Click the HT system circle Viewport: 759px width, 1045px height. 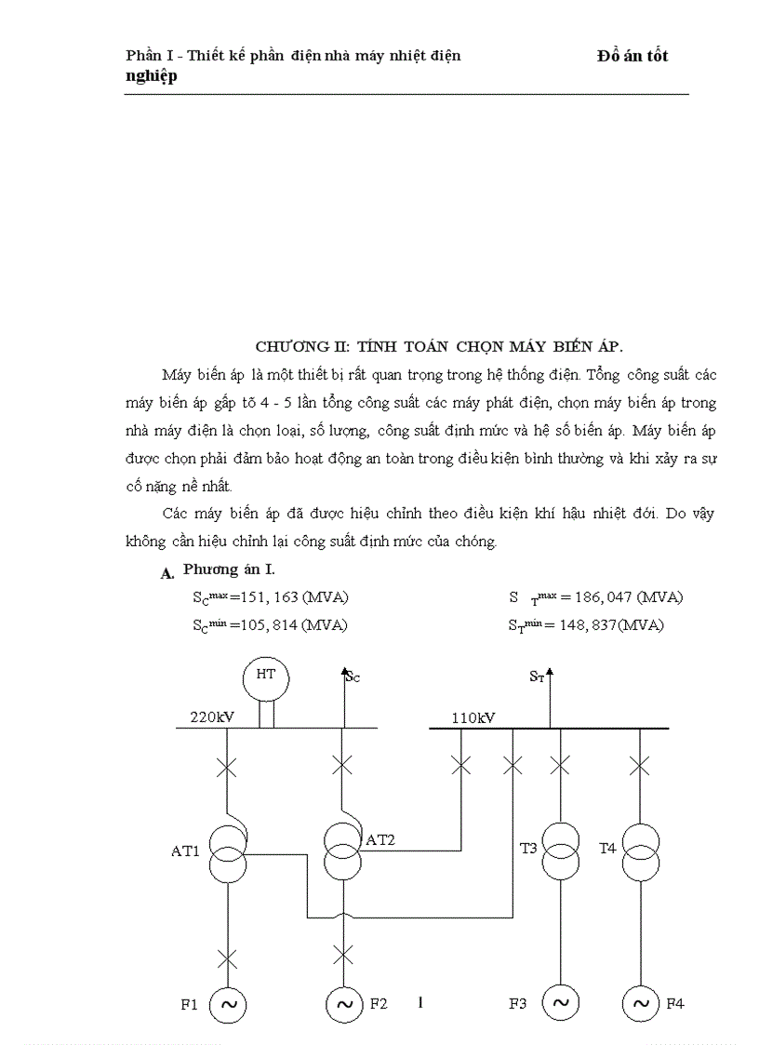(x=265, y=676)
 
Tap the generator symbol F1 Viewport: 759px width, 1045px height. (x=228, y=1003)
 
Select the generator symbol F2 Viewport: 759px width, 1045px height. (x=343, y=1003)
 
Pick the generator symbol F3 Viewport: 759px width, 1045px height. (x=560, y=1003)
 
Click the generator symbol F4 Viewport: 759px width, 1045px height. (x=640, y=1003)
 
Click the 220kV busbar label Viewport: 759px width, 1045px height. (x=211, y=717)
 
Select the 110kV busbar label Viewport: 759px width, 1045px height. (x=473, y=717)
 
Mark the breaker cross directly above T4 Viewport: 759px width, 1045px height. (x=639, y=766)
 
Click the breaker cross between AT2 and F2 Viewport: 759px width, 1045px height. (x=343, y=954)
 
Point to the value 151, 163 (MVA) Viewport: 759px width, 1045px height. (x=289, y=596)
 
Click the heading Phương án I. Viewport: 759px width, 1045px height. (x=228, y=569)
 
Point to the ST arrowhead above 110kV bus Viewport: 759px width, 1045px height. (x=550, y=671)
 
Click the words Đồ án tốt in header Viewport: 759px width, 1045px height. (x=632, y=56)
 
